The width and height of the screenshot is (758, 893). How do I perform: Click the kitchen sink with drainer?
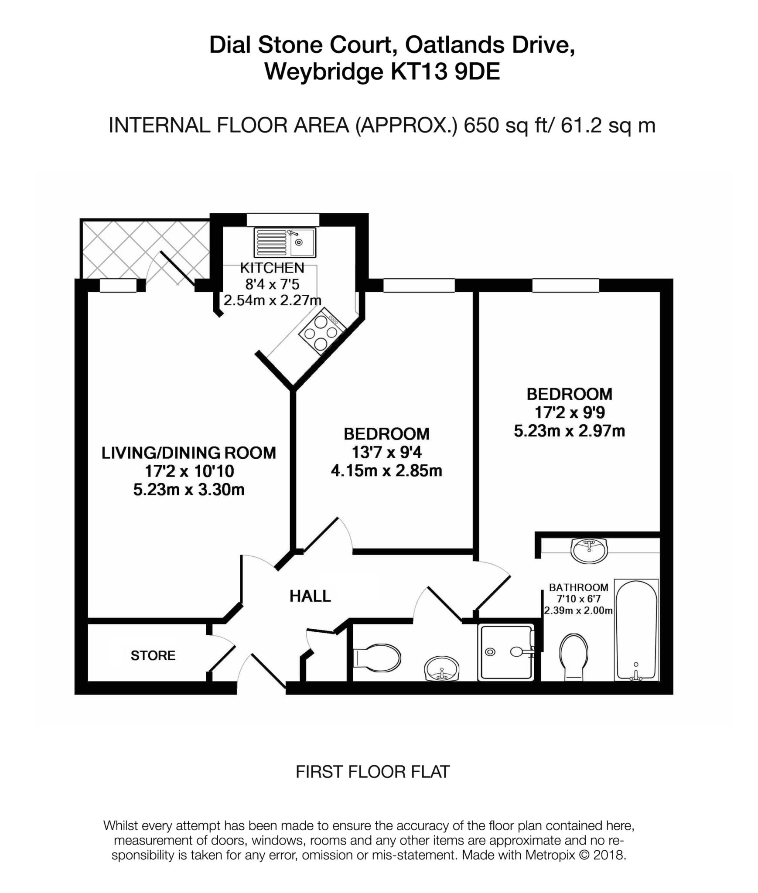click(x=284, y=242)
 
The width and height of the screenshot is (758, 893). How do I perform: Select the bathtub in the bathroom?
click(x=636, y=630)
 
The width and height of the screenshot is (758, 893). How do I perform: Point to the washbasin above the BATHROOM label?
click(x=589, y=550)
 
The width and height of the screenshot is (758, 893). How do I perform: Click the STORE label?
click(x=153, y=655)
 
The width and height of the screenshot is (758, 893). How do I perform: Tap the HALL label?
click(x=310, y=596)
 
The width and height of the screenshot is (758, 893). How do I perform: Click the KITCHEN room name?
click(x=272, y=268)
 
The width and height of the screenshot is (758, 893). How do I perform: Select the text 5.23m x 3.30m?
click(x=188, y=490)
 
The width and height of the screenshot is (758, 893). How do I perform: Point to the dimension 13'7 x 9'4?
click(x=387, y=453)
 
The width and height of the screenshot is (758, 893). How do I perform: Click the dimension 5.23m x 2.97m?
click(x=569, y=431)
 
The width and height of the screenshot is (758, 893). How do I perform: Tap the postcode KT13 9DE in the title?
click(x=445, y=72)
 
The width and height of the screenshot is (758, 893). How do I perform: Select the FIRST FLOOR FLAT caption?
click(x=372, y=772)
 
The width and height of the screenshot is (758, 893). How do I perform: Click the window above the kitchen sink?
click(x=283, y=219)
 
